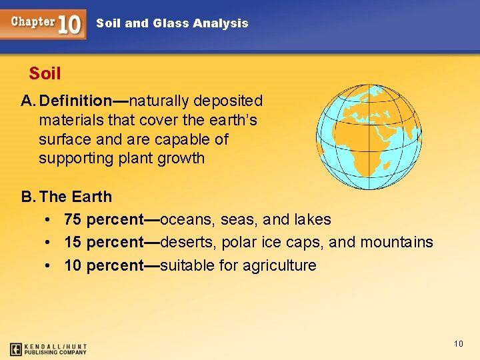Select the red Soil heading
tap(45, 73)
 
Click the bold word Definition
tap(75, 101)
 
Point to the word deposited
tap(230, 101)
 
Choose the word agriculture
tap(279, 265)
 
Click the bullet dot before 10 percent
tap(49, 265)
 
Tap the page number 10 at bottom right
tap(458, 343)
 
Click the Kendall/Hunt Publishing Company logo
tap(48, 349)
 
